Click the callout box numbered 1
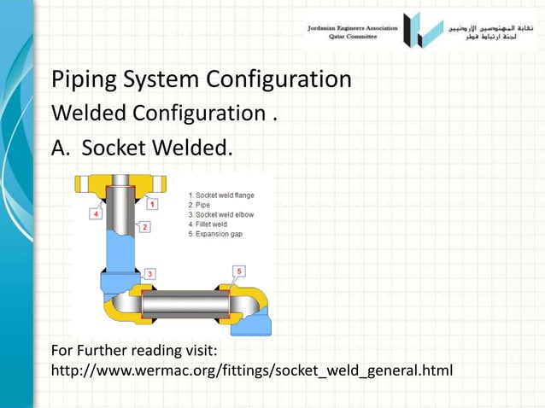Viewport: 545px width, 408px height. (x=151, y=204)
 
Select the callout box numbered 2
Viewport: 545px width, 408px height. (x=145, y=227)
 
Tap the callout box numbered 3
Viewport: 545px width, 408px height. (x=149, y=273)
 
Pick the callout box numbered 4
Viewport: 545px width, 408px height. (x=97, y=214)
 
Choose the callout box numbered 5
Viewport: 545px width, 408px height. (x=239, y=271)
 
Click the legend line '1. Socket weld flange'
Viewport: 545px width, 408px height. (x=220, y=195)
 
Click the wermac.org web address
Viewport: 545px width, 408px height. (x=251, y=371)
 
